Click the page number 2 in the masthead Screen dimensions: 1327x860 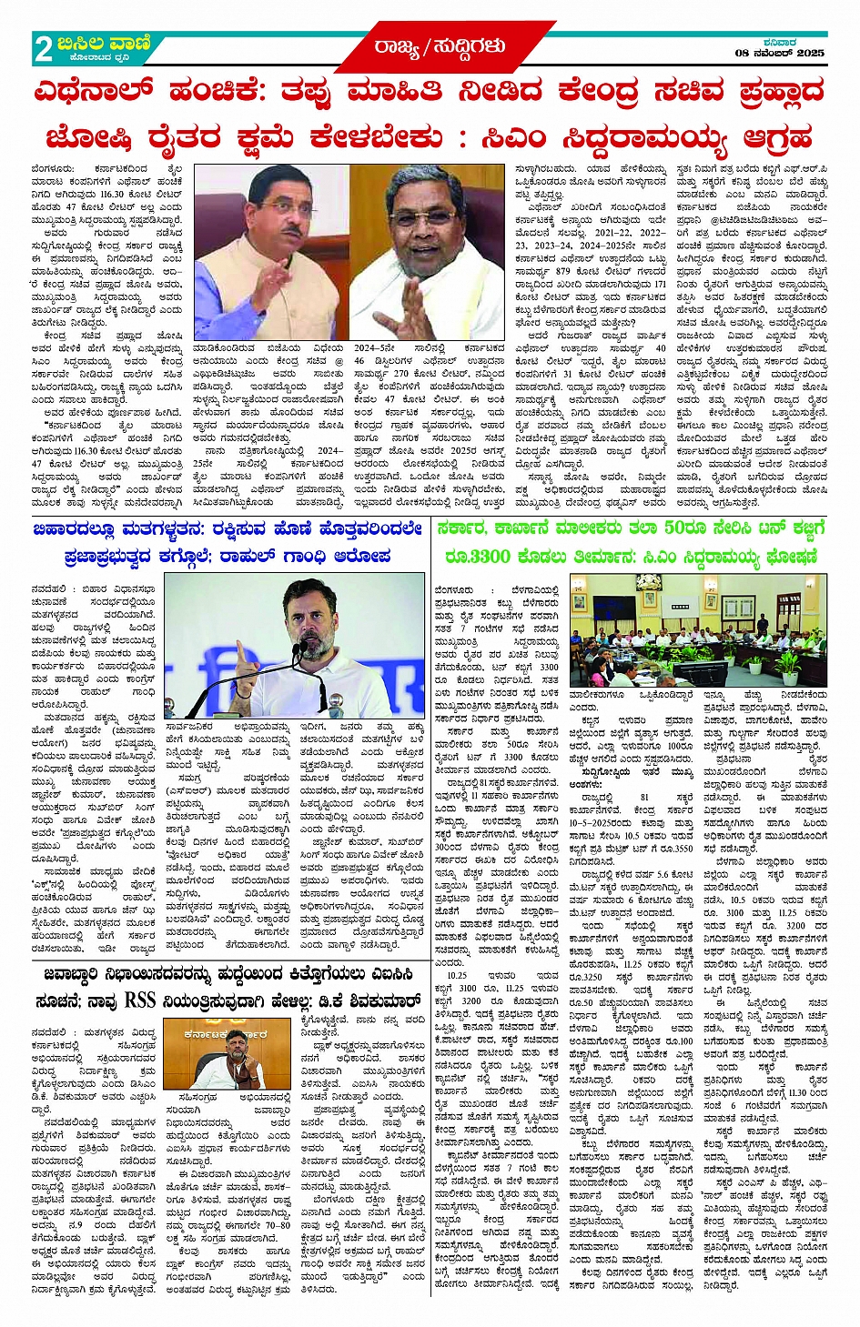pyautogui.click(x=43, y=48)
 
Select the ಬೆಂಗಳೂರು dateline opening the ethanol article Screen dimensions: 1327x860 pyautogui.click(x=53, y=169)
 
